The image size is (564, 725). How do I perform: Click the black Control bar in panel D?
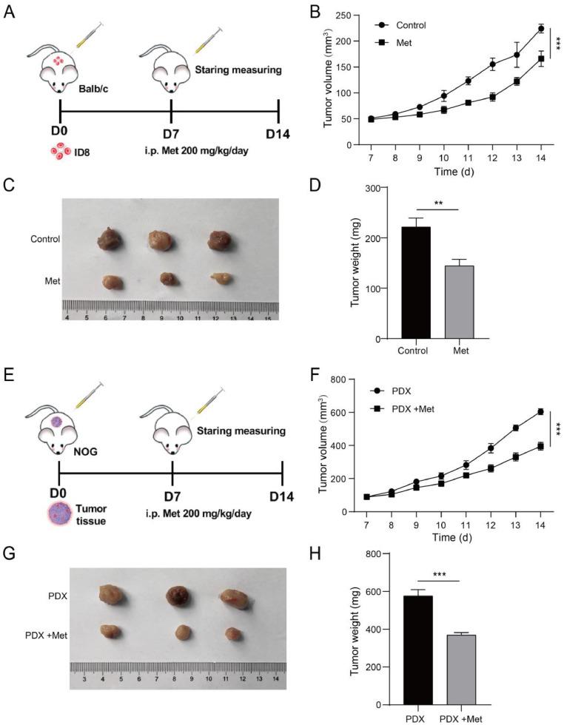[x=415, y=282]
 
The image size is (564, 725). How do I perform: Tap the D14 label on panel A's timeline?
[x=278, y=133]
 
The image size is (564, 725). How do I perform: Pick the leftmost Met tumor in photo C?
[x=113, y=282]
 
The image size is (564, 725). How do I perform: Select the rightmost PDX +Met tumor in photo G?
[x=234, y=633]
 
